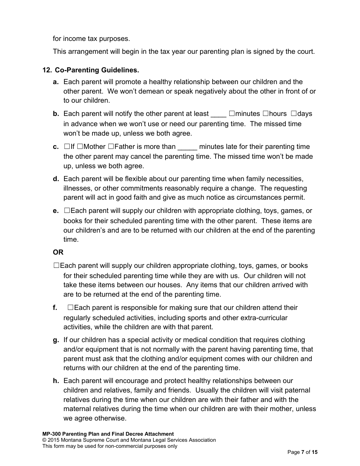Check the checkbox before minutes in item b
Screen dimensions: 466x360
pyautogui.click(x=232, y=113)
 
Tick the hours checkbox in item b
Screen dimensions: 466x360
pyautogui.click(x=266, y=113)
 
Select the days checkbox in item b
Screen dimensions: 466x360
pyautogui.click(x=294, y=113)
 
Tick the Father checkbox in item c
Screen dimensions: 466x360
pyautogui.click(x=111, y=146)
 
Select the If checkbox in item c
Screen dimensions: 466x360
pyautogui.click(x=67, y=146)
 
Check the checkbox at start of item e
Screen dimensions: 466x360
pyautogui.click(x=67, y=210)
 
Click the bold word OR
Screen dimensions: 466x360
pyautogui.click(x=58, y=252)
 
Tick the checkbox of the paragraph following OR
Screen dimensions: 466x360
pyautogui.click(x=56, y=266)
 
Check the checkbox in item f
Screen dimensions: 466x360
pyautogui.click(x=70, y=308)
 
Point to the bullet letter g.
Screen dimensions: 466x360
pyautogui.click(x=56, y=340)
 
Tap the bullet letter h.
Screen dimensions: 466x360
pyautogui.click(x=56, y=381)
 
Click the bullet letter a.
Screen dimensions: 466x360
pyautogui.click(x=56, y=82)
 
